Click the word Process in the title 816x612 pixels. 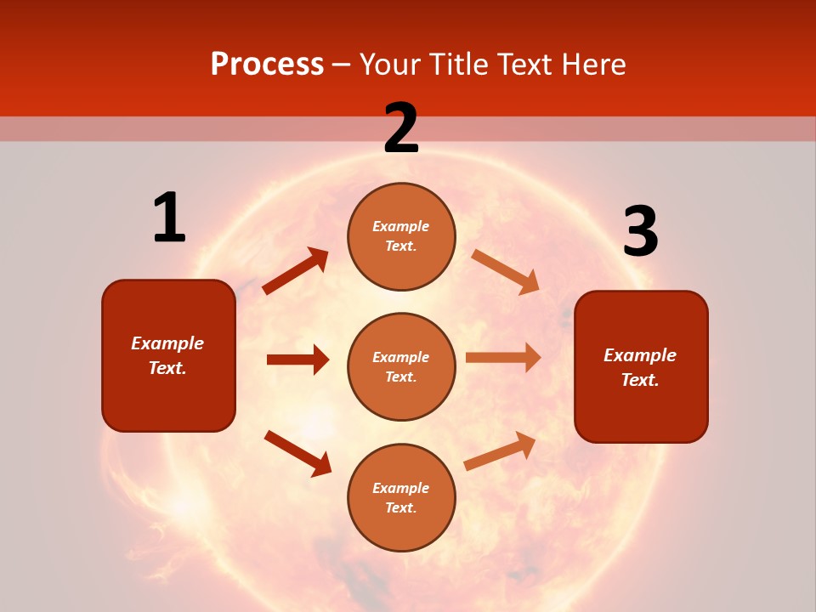click(267, 65)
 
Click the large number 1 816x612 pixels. click(169, 218)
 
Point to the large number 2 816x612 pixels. click(401, 128)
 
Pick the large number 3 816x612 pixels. click(640, 232)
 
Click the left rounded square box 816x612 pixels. click(168, 355)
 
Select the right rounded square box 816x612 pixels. click(641, 367)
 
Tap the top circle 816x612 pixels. click(401, 236)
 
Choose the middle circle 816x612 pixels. click(401, 367)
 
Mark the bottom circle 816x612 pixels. click(401, 497)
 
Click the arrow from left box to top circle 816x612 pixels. click(296, 271)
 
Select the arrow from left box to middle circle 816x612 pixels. click(297, 360)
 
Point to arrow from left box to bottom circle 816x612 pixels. click(297, 453)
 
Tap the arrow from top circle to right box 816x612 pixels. click(505, 271)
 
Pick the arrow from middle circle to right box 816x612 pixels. click(503, 358)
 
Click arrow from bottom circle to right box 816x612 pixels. click(500, 450)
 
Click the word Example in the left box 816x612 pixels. click(167, 343)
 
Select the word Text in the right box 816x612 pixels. click(638, 380)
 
